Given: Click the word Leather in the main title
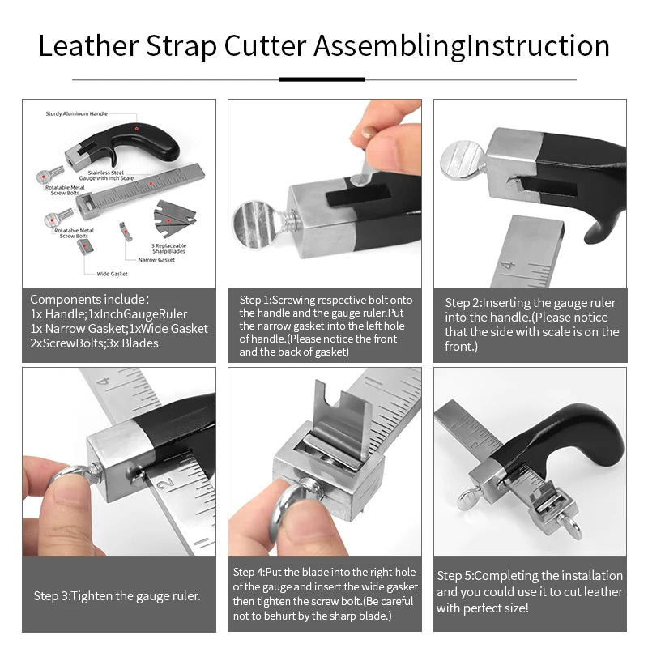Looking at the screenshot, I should tap(87, 46).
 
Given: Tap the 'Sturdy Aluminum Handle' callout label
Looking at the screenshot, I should tap(76, 114).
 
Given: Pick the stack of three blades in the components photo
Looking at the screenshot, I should tap(175, 215).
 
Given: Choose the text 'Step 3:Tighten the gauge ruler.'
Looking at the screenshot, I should tap(117, 595).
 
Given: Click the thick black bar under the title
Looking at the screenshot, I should tap(322, 79).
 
